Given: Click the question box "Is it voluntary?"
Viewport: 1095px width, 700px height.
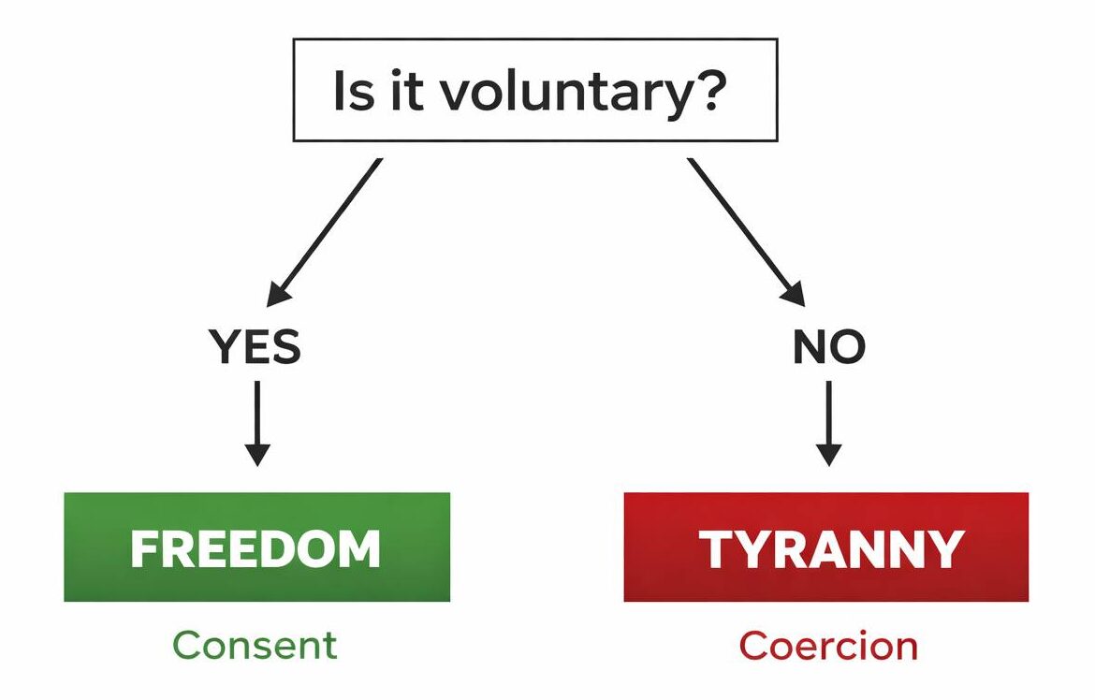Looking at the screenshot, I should click(x=535, y=90).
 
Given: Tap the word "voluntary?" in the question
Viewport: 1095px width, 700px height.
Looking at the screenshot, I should click(x=580, y=94).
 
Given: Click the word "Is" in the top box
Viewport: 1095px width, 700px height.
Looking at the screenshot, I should click(x=353, y=92).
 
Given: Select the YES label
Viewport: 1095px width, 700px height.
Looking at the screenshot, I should click(x=255, y=348).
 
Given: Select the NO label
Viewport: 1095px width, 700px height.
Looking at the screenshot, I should click(x=828, y=348).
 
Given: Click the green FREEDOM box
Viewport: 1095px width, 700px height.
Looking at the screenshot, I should click(x=256, y=547).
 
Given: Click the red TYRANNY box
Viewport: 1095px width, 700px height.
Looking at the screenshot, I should click(x=825, y=547).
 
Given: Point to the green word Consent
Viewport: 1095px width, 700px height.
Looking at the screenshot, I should click(x=255, y=646).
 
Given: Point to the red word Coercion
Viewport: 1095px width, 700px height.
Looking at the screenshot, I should click(x=828, y=646).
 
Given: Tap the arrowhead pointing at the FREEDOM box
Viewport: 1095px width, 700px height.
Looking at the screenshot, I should click(x=256, y=454).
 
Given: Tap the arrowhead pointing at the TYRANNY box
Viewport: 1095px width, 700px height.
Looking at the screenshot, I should click(x=828, y=454).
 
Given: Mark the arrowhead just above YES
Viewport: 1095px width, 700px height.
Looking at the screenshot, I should click(x=277, y=292).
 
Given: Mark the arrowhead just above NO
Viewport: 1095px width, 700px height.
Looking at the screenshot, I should click(x=794, y=292).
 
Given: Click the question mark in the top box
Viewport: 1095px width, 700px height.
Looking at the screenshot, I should click(x=711, y=92).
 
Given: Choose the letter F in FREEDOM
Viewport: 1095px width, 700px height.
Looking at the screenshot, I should click(x=142, y=549).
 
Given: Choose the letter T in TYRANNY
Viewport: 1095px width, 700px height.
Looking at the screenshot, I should click(x=717, y=549).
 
